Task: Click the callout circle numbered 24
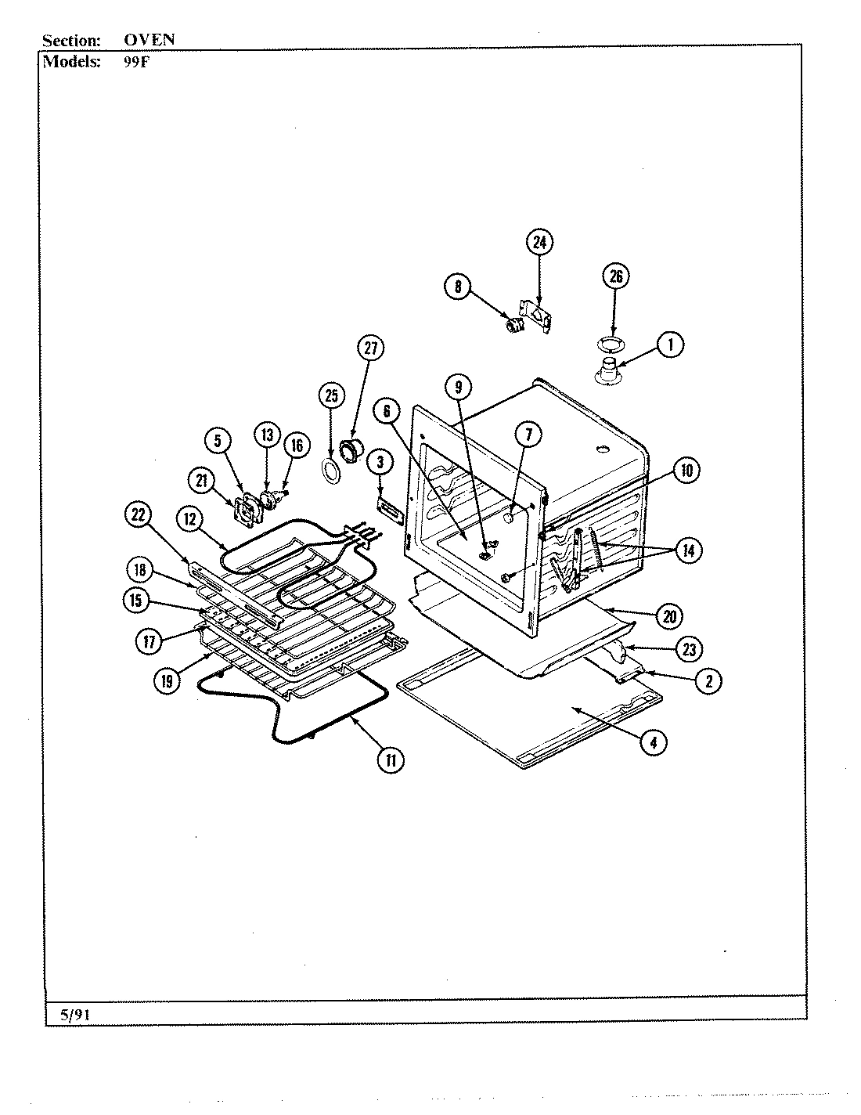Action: [x=539, y=242]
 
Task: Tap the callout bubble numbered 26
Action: [x=615, y=276]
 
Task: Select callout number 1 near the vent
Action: [x=670, y=345]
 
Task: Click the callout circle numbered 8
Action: [x=457, y=287]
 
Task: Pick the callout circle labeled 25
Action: [x=331, y=395]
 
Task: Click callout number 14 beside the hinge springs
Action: [x=687, y=550]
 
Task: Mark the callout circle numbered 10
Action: [x=686, y=471]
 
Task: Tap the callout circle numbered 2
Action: [x=708, y=681]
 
